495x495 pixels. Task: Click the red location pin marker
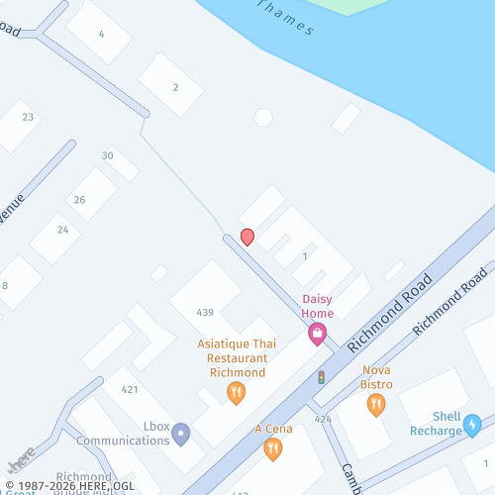[x=247, y=237]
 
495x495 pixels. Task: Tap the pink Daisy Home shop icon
[x=317, y=335]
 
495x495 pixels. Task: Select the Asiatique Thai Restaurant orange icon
[x=236, y=393]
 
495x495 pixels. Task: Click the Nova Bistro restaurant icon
[x=375, y=404]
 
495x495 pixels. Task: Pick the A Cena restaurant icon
[x=272, y=448]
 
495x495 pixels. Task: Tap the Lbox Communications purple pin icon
[x=180, y=434]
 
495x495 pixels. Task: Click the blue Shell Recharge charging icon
[x=472, y=425]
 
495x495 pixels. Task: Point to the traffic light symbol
[x=321, y=377]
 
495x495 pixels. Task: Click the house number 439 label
[x=205, y=312]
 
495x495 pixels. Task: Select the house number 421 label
[x=130, y=389]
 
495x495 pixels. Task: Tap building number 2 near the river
[x=175, y=87]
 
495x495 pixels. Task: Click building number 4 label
[x=101, y=34]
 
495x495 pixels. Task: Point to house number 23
[x=28, y=117]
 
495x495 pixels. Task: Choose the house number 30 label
[x=107, y=155]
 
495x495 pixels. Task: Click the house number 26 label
[x=79, y=200]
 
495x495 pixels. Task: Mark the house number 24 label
[x=62, y=230]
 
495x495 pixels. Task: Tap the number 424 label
[x=323, y=419]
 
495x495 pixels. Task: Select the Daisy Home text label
[x=317, y=306]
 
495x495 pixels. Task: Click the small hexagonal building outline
[x=262, y=117]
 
